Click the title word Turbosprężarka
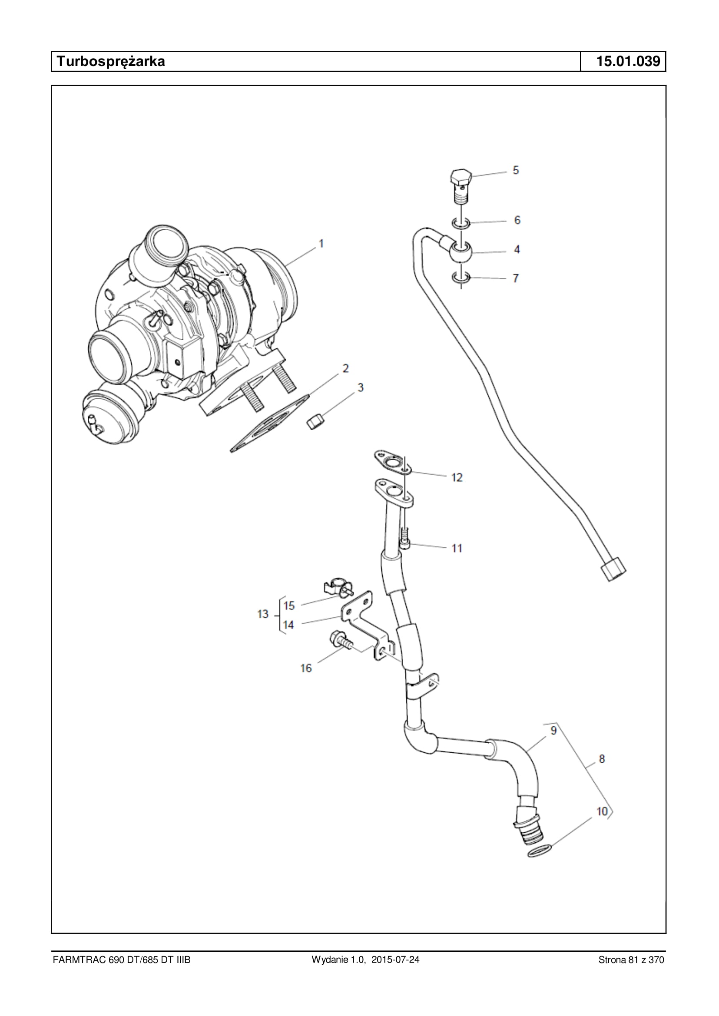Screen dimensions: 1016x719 (x=111, y=61)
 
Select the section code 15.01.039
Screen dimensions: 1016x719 (x=628, y=61)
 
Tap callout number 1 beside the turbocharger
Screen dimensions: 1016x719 (x=321, y=244)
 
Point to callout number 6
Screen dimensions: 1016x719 (x=517, y=220)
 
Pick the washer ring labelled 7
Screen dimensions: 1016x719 (x=461, y=278)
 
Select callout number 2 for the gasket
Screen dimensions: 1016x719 (x=346, y=368)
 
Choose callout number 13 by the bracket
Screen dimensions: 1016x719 (x=263, y=614)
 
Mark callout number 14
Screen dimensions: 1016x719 (x=288, y=625)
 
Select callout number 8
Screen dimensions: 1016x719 (x=602, y=759)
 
